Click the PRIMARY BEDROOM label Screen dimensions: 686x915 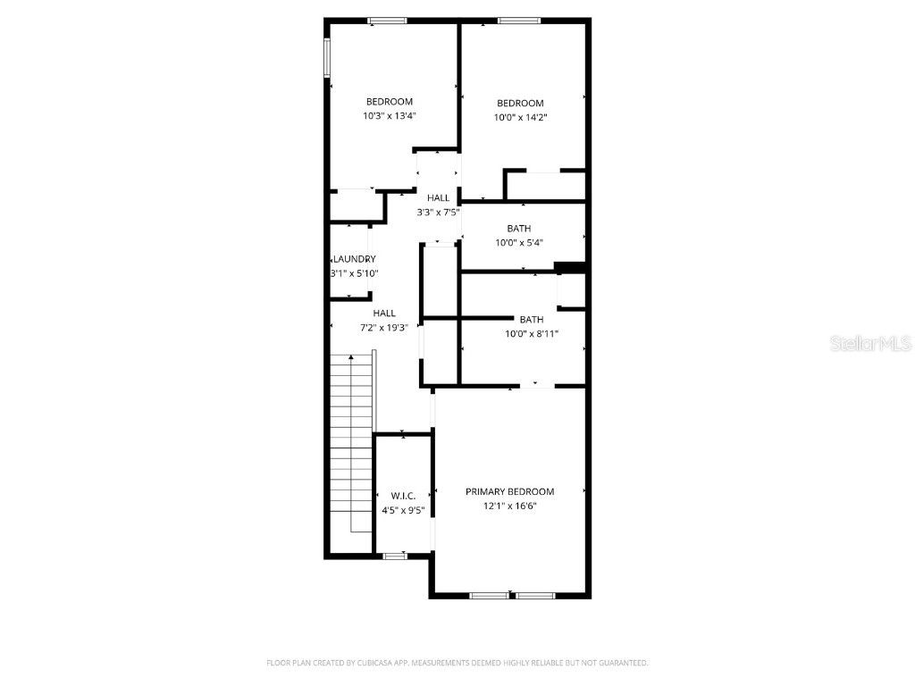coord(509,491)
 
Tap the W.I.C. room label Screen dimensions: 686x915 coord(403,496)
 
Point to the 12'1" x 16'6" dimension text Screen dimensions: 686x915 coord(509,506)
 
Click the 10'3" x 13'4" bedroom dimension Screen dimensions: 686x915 coord(390,115)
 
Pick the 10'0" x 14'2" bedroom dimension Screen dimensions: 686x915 coord(520,117)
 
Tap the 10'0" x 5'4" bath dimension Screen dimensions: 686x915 coord(518,242)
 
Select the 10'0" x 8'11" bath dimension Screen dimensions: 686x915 coord(532,334)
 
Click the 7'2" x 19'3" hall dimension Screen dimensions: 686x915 coord(384,328)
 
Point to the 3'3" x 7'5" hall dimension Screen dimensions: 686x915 coord(438,213)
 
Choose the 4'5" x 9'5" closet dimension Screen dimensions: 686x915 coord(403,511)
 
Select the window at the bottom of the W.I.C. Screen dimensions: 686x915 coord(394,556)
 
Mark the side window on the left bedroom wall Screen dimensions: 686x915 coord(327,57)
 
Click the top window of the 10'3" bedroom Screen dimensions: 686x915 coord(388,20)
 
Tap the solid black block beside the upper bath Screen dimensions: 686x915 coord(569,266)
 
